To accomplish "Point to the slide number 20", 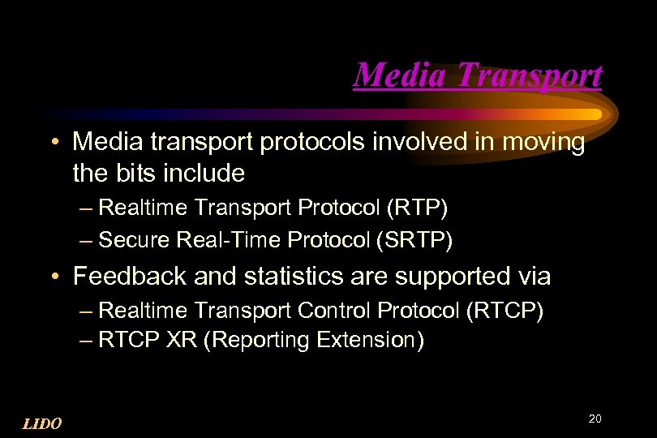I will (x=595, y=419).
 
